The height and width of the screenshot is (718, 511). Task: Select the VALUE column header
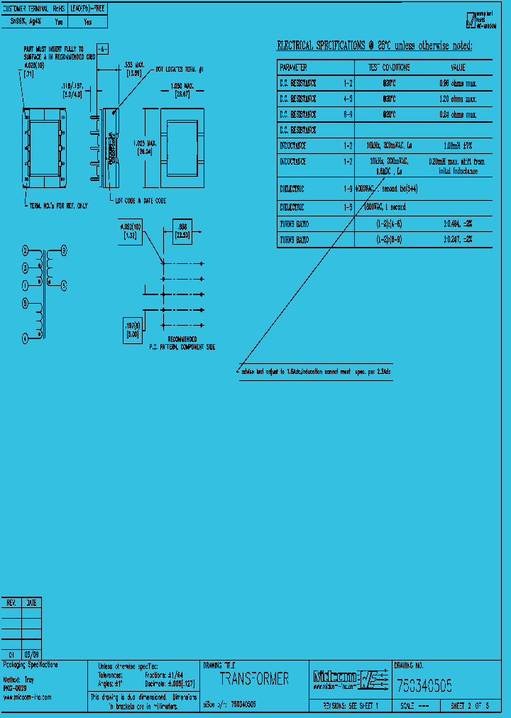[458, 67]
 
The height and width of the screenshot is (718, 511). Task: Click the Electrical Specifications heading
[374, 46]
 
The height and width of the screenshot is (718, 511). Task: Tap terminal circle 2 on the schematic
[26, 251]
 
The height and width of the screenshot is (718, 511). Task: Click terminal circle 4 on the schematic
[25, 339]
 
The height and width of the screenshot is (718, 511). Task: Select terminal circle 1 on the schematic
[25, 285]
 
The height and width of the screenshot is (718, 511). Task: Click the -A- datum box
[102, 49]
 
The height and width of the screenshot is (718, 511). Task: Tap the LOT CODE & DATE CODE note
[141, 201]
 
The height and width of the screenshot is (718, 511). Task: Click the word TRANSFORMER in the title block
[254, 679]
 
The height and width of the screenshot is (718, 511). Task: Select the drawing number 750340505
[424, 686]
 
